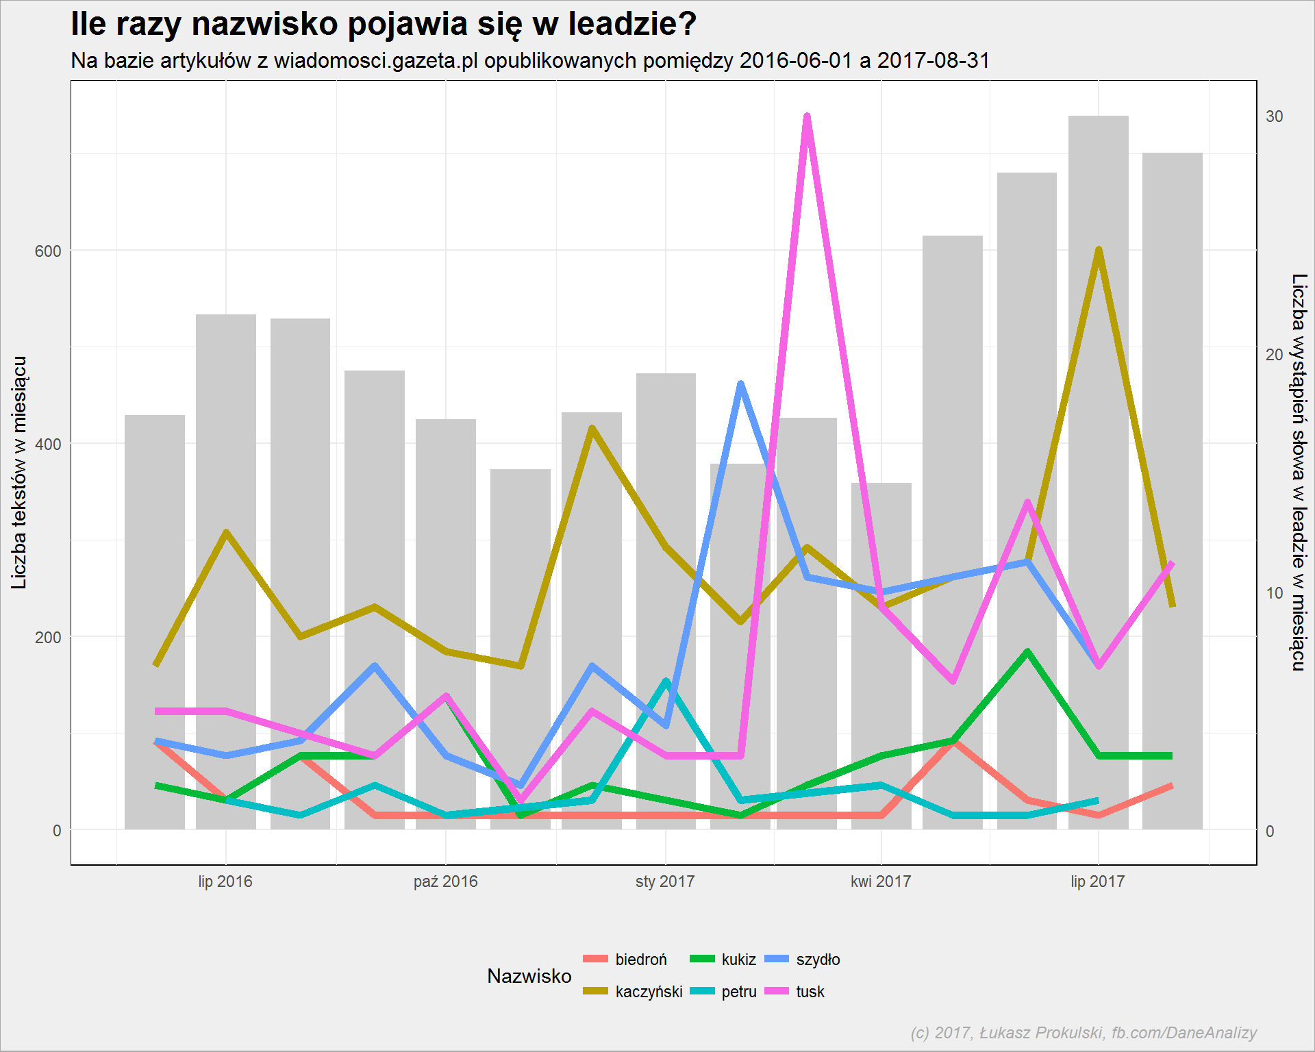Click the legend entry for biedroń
625,960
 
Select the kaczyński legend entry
633,992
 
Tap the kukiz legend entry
723,960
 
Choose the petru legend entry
723,992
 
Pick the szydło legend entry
802,960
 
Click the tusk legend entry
794,992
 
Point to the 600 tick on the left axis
48,251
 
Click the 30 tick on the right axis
1274,116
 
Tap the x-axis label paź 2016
445,881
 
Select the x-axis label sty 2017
665,881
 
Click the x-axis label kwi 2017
881,881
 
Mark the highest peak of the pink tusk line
807,116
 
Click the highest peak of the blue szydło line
740,384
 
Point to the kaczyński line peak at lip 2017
1099,250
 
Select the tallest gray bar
1098,473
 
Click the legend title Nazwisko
529,976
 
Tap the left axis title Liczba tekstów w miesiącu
19,473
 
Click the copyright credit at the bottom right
1084,1033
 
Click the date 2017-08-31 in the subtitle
934,61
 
